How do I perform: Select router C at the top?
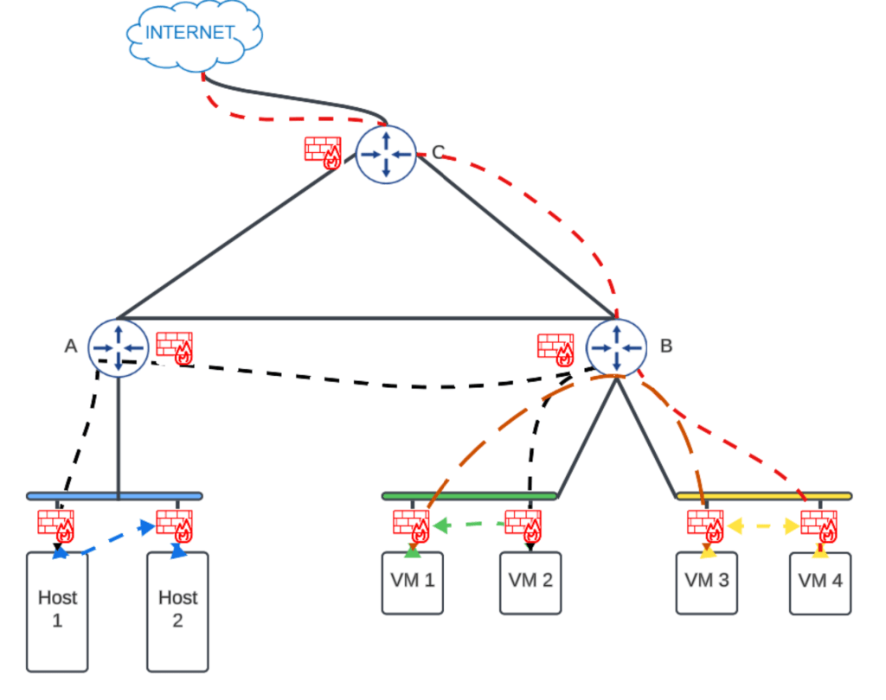click(387, 153)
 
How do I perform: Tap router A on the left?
click(118, 347)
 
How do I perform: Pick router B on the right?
click(616, 347)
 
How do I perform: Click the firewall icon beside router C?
click(323, 151)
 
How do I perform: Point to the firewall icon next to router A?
click(174, 347)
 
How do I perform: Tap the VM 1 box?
click(413, 582)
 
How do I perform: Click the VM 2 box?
click(530, 582)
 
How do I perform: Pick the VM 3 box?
click(707, 582)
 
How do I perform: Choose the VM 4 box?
click(820, 583)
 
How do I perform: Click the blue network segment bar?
click(114, 496)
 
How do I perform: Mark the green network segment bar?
click(469, 496)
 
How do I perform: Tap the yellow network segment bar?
click(764, 496)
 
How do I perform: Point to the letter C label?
click(438, 152)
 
